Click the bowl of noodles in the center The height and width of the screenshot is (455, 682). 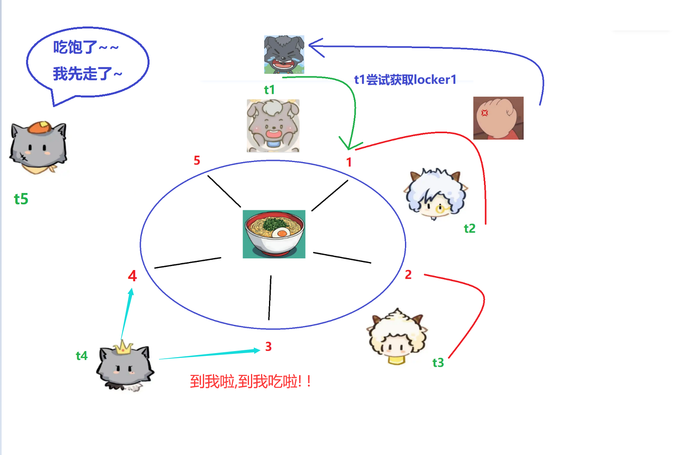click(274, 234)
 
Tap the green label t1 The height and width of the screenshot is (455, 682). click(269, 89)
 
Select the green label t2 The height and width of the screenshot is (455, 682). click(470, 228)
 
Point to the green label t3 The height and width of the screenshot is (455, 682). click(438, 363)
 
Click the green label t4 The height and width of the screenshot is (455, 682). click(81, 355)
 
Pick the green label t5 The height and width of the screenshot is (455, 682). click(21, 199)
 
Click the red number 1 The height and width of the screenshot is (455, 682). click(349, 162)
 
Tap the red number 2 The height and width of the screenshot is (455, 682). click(408, 275)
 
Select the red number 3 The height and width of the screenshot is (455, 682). click(268, 347)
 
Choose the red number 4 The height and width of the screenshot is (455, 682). click(132, 276)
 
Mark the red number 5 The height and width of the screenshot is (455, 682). click(197, 160)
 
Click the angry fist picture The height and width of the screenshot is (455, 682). click(498, 118)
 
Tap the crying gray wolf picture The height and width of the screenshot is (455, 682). click(284, 55)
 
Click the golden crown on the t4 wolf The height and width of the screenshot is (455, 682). click(123, 347)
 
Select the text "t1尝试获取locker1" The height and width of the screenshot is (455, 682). click(405, 79)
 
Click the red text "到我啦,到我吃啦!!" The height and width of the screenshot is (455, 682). click(250, 381)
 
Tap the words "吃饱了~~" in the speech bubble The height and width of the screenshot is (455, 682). click(85, 47)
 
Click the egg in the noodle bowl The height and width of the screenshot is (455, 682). click(281, 233)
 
